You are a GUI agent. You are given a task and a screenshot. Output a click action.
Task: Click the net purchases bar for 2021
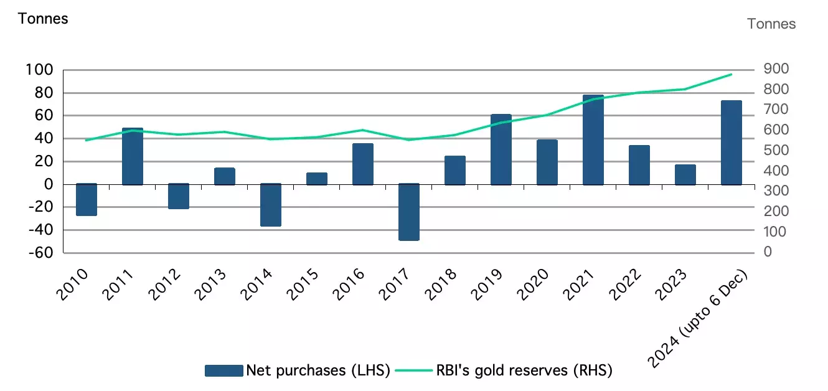593,140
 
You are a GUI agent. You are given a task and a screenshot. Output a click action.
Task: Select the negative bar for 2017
408,212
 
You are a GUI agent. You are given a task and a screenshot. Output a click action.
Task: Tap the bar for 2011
132,156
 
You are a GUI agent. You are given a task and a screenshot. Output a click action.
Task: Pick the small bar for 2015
316,179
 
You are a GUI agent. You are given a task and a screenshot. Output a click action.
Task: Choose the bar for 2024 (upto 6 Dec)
731,143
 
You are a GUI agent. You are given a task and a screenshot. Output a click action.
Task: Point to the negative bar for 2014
270,205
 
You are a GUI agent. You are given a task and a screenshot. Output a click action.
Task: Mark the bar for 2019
501,149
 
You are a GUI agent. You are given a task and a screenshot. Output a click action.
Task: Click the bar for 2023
685,175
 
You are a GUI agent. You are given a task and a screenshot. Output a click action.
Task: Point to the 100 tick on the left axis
40,70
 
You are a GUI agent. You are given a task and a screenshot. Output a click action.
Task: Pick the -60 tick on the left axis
40,253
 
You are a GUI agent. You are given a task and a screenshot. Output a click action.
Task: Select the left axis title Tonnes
43,18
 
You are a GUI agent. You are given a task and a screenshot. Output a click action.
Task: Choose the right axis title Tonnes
771,24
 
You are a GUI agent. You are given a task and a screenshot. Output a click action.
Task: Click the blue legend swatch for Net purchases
223,370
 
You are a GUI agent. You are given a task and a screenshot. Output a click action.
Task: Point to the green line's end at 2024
731,74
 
